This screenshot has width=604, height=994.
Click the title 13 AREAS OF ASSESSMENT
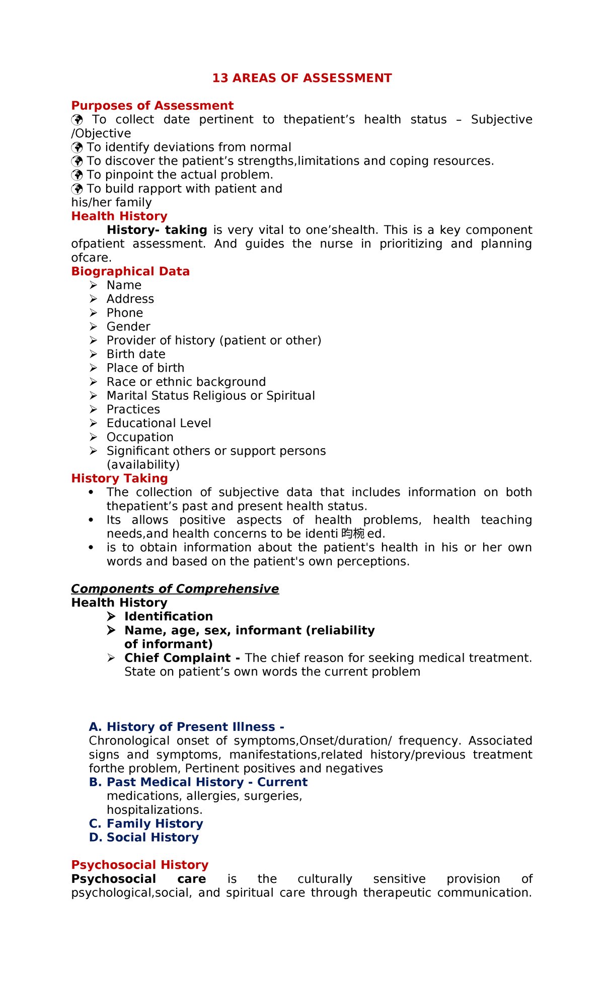[301, 78]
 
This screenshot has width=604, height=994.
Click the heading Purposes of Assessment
[152, 106]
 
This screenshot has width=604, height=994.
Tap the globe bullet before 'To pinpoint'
[77, 175]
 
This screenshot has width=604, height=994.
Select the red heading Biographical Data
[130, 272]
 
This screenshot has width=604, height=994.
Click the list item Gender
[128, 327]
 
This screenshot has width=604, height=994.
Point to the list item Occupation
[140, 437]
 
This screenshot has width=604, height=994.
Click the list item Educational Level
[159, 424]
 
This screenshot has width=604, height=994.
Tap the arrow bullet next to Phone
[93, 313]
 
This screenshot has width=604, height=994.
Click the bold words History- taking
[157, 230]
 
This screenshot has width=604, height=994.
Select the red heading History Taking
[119, 478]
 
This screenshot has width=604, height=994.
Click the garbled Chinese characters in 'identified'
[352, 534]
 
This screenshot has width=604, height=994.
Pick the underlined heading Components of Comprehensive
[175, 589]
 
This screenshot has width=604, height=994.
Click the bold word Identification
[169, 617]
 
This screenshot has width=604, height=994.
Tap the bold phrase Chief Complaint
[177, 658]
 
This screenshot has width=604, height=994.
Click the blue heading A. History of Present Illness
[186, 727]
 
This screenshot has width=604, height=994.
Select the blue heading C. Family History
[146, 823]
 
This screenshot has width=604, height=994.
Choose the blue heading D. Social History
[143, 838]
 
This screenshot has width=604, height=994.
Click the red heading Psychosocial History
[139, 865]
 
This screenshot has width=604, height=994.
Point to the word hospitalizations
[154, 810]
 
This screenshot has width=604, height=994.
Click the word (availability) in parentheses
[143, 465]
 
